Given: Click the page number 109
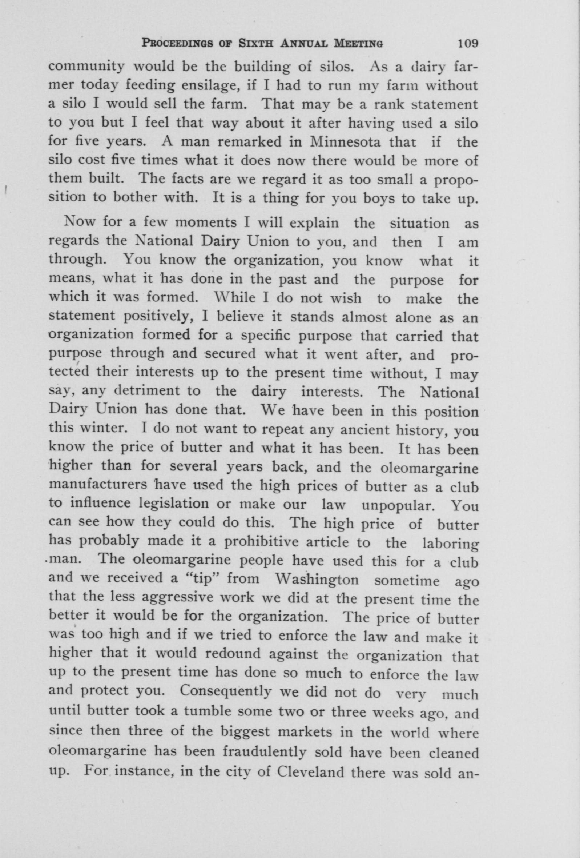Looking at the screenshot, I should tap(467, 44).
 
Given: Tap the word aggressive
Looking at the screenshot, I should tap(177, 597).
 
